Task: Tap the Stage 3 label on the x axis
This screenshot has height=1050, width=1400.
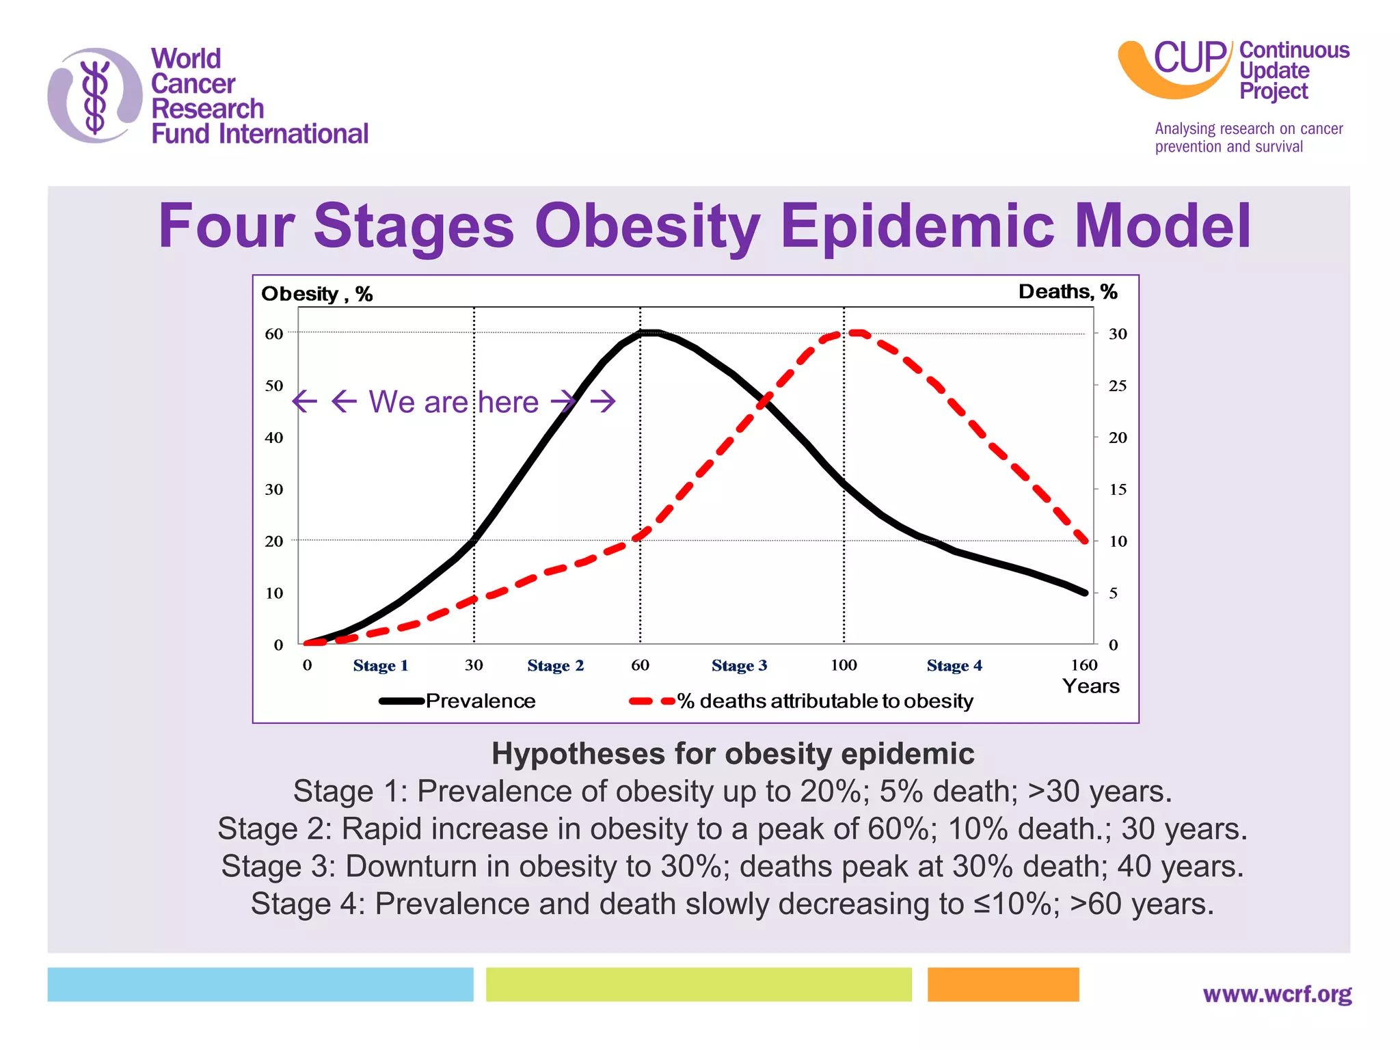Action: [x=739, y=666]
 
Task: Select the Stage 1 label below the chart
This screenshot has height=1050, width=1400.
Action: [x=380, y=666]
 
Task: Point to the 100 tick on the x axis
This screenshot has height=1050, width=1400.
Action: [x=844, y=665]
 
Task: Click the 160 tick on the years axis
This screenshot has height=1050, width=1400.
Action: [x=1083, y=665]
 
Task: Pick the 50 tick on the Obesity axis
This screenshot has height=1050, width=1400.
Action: [x=274, y=386]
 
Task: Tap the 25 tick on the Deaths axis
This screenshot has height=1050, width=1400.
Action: [x=1118, y=386]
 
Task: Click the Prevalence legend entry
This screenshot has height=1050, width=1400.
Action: [x=480, y=701]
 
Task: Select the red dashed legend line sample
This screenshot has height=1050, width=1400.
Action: [x=651, y=701]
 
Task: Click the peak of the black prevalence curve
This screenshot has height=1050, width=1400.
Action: [x=649, y=333]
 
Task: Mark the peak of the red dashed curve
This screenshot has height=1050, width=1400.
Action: [x=856, y=333]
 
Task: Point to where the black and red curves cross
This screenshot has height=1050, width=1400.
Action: [x=764, y=402]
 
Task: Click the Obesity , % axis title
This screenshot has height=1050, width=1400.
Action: [x=317, y=294]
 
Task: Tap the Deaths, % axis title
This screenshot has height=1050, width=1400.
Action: [x=1068, y=292]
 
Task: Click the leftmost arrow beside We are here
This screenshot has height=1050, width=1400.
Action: [x=305, y=401]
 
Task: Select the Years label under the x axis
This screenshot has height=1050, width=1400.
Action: [x=1090, y=686]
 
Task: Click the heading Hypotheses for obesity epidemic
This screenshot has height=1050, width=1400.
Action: [x=733, y=754]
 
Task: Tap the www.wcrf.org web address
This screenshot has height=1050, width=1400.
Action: [x=1277, y=993]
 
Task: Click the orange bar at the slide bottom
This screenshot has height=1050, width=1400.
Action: [x=1003, y=984]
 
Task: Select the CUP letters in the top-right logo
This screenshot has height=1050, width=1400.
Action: [x=1190, y=57]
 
